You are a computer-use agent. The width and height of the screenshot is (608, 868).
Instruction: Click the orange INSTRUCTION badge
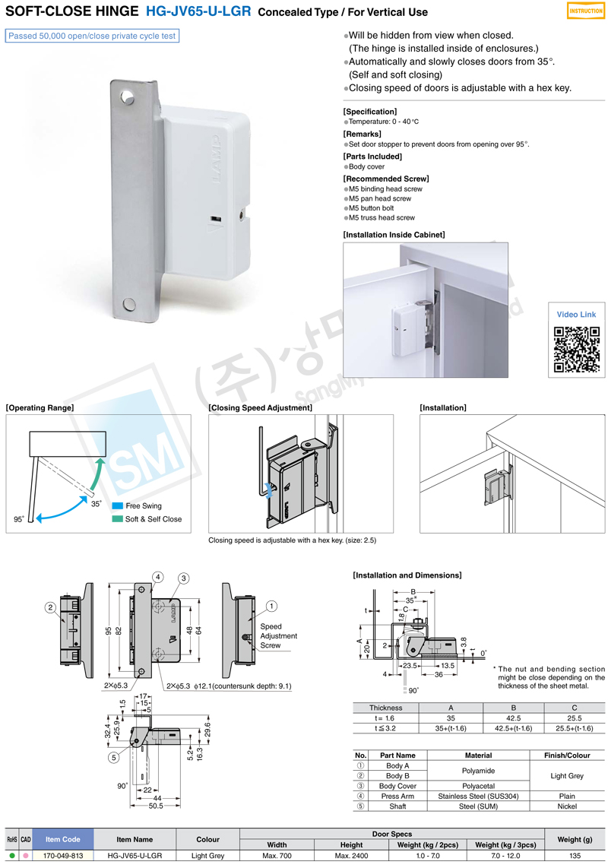point(586,11)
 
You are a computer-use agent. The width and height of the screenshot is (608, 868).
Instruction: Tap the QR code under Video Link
point(576,350)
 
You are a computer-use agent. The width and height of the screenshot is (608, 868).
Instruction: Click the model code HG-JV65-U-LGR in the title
point(198,11)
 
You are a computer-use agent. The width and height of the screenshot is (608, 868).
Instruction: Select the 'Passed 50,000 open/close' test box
point(92,36)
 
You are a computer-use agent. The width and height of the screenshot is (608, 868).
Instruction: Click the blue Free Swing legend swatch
point(117,506)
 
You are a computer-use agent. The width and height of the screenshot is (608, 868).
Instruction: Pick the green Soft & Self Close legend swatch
point(117,519)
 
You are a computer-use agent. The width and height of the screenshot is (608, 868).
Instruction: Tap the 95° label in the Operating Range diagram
point(19,519)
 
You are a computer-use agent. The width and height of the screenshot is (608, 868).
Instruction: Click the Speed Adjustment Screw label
point(278,636)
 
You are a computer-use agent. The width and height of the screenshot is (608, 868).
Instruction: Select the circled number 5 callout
point(113,757)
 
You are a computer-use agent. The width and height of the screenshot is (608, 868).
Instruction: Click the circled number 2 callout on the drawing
point(50,608)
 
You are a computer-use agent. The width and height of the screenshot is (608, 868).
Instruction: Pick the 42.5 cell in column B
point(513,718)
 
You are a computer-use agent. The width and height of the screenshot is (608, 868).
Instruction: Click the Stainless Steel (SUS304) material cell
point(479,796)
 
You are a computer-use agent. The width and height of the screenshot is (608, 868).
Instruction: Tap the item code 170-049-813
point(63,856)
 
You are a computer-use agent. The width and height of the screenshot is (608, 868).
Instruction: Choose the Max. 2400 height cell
point(351,856)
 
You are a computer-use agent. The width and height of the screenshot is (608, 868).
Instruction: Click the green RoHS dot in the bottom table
point(12,856)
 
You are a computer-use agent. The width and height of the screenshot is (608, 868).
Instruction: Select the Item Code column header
point(63,839)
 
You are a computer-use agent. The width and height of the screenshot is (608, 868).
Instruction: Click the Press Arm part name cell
point(397,796)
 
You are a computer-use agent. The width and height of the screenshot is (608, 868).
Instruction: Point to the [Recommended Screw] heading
point(386,179)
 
